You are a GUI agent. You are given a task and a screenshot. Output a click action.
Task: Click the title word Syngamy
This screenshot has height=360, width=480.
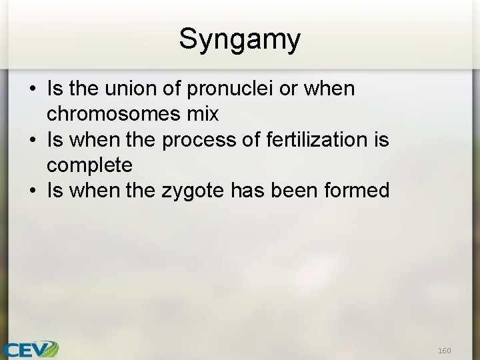point(239,40)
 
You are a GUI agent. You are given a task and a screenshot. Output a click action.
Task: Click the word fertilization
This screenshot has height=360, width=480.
point(316,139)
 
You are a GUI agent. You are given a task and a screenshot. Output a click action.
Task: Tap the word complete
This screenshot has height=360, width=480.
point(89,165)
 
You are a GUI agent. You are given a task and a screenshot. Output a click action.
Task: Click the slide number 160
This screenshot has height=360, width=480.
point(444,351)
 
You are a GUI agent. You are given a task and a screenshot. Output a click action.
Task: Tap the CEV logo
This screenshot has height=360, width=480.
point(30,349)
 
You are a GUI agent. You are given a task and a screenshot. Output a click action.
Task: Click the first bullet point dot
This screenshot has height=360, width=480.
point(32,89)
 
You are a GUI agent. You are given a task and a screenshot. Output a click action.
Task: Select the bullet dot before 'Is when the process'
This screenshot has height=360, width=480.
point(32,140)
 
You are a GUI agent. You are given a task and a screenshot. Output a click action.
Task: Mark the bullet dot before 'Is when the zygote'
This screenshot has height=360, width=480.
point(32,191)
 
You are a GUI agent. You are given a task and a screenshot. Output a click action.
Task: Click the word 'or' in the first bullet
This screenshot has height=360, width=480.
point(289,89)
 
